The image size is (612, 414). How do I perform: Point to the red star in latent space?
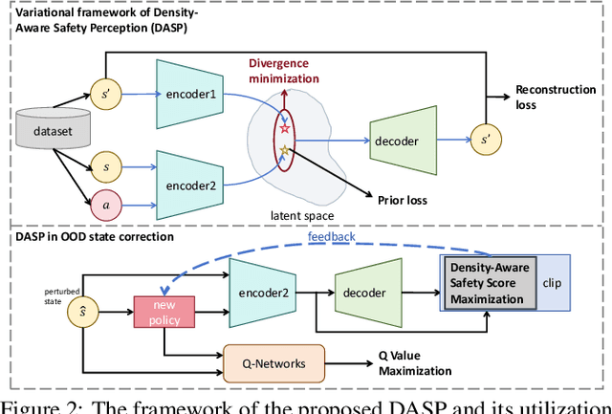[x=284, y=128]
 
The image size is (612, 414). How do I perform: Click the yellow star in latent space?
[x=284, y=150]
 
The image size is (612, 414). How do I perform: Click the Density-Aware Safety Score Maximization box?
[x=491, y=282]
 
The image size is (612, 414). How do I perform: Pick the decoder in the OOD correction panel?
[x=370, y=284]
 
